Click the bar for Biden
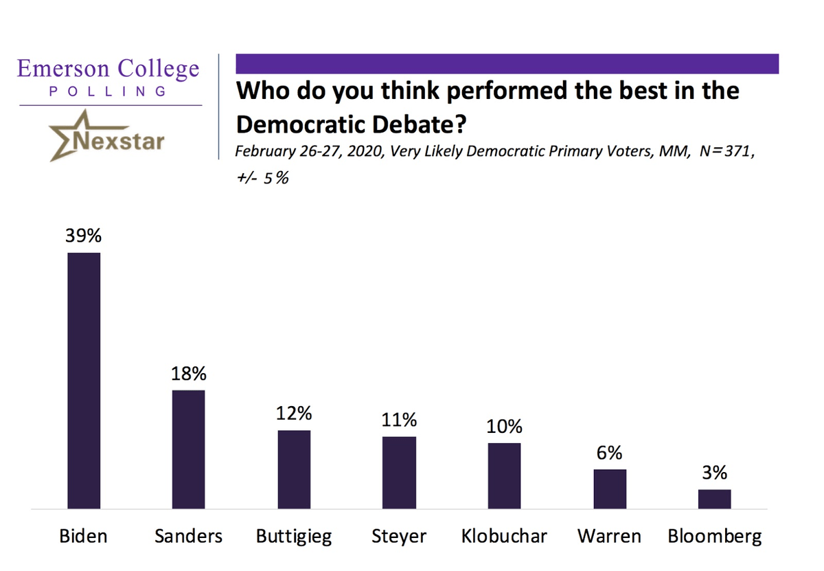pos(83,381)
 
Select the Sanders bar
pos(188,449)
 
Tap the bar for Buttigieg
pos(294,469)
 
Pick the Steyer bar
pos(399,473)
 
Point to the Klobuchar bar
pos(504,475)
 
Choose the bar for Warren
pos(610,489)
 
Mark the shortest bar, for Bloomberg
pos(714,499)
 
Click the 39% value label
pos(83,236)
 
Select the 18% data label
pos(188,374)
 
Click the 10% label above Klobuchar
pos(504,427)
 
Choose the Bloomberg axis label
pos(714,536)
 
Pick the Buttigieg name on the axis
pos(294,536)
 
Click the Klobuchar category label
pos(504,536)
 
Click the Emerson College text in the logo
pos(108,69)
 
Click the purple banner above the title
pos(507,64)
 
